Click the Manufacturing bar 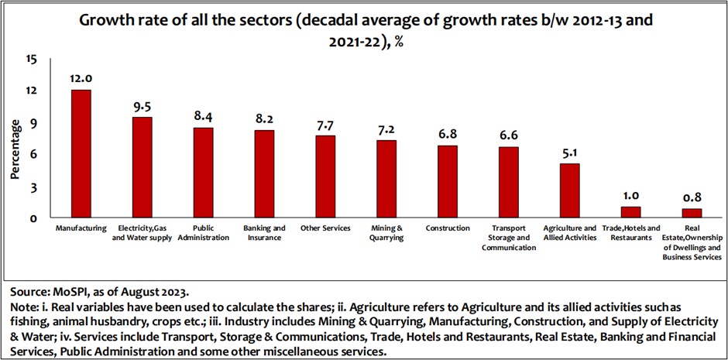81,154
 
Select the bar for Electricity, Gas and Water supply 142,168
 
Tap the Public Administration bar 203,173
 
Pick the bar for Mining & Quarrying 386,180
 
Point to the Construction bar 448,182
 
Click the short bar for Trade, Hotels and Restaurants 631,212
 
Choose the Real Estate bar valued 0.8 692,214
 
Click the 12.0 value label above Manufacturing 81,78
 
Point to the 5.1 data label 570,152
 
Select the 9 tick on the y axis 34,123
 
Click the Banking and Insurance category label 264,233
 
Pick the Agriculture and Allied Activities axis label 570,233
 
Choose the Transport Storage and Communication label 509,238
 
